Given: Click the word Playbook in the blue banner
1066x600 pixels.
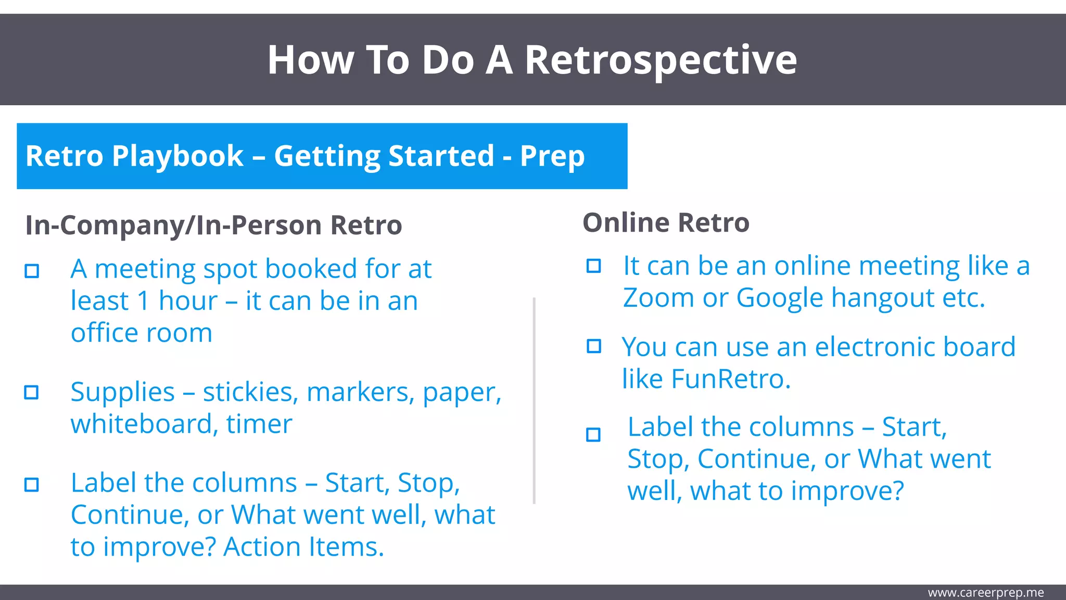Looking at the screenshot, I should (x=177, y=156).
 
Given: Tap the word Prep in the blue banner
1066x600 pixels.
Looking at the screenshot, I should (x=552, y=156).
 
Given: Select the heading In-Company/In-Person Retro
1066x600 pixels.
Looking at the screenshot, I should (x=213, y=226).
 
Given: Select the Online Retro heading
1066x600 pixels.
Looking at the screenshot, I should (x=666, y=223).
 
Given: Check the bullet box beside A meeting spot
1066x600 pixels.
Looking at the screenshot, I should (x=32, y=271).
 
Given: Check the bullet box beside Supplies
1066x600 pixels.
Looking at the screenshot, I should (x=32, y=392).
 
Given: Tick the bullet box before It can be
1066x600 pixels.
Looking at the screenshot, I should (x=593, y=266).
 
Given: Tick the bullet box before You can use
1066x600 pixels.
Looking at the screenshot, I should (x=593, y=346).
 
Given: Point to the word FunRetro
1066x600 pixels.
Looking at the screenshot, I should (x=731, y=379).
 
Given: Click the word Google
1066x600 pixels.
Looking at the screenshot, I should (x=780, y=298).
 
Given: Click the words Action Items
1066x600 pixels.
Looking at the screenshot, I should (x=303, y=547).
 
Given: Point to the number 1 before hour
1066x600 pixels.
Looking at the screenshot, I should (x=143, y=301).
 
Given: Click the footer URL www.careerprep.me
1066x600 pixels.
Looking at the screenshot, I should (x=985, y=593).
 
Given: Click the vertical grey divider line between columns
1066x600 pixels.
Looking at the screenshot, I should (x=534, y=401).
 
